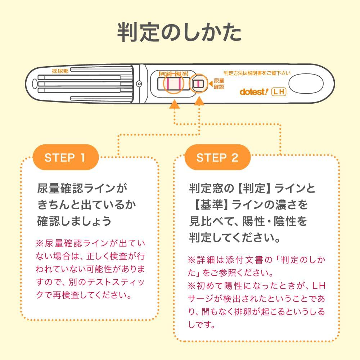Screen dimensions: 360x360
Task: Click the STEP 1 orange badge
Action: coord(66,157)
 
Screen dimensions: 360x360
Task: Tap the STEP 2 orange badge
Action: coord(217,157)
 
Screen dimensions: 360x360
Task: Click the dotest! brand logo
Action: coord(254,92)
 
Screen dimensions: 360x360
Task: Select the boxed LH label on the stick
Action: coord(279,92)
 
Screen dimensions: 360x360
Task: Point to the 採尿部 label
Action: coord(60,71)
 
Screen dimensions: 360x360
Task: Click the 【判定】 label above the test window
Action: coord(166,74)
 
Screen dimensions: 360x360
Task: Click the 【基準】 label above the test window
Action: coord(181,74)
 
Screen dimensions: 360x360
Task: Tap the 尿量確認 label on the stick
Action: coord(219,84)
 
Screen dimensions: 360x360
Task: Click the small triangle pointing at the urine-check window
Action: coord(211,84)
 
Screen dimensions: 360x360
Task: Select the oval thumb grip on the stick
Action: coord(306,84)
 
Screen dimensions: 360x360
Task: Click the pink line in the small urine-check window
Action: coord(198,84)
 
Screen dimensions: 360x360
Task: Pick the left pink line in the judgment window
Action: coord(168,84)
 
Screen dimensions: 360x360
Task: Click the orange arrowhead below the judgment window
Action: coord(175,104)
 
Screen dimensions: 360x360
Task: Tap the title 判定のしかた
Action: coord(179,32)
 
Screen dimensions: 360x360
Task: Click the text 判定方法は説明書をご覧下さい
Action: coord(257,73)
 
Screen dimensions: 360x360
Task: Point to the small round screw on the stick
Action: coord(139,84)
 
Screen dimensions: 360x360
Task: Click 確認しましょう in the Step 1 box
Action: coord(74,221)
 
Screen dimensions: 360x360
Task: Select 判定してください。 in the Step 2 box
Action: coord(234,238)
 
